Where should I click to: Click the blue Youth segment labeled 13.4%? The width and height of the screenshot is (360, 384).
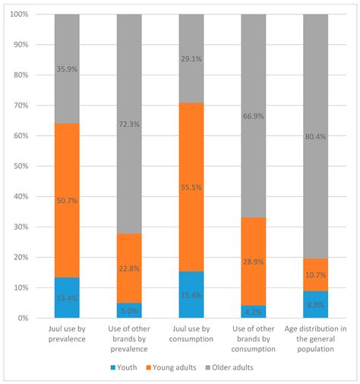point(67,297)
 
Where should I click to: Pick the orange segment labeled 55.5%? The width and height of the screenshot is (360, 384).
point(191,187)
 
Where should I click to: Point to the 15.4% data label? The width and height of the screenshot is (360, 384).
point(191,294)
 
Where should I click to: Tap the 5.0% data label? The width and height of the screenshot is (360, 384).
point(129,310)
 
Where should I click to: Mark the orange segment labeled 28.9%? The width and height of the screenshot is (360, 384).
point(254,261)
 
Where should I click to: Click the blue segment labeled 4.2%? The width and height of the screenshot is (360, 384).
point(254,312)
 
